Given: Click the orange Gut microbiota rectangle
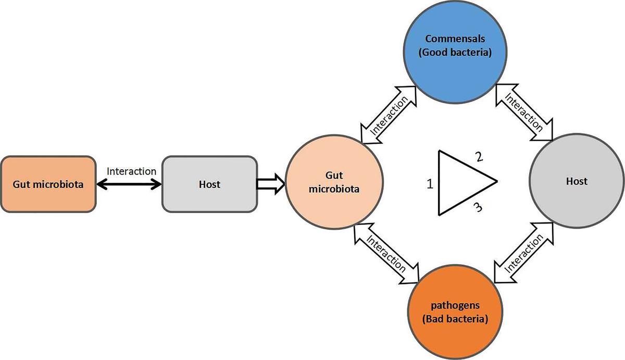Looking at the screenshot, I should coord(48,184).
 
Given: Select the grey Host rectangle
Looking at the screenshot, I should coord(209,184).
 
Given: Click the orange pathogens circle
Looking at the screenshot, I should coord(456,312).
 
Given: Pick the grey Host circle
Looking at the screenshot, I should coord(576,181).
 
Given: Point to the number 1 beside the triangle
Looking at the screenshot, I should coord(430,184).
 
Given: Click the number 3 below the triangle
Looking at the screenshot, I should coord(477,208).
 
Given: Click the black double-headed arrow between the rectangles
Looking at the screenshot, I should coord(129,184).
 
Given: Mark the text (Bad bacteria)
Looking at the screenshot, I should coord(456,319).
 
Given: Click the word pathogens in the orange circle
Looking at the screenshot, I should coord(456,305).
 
